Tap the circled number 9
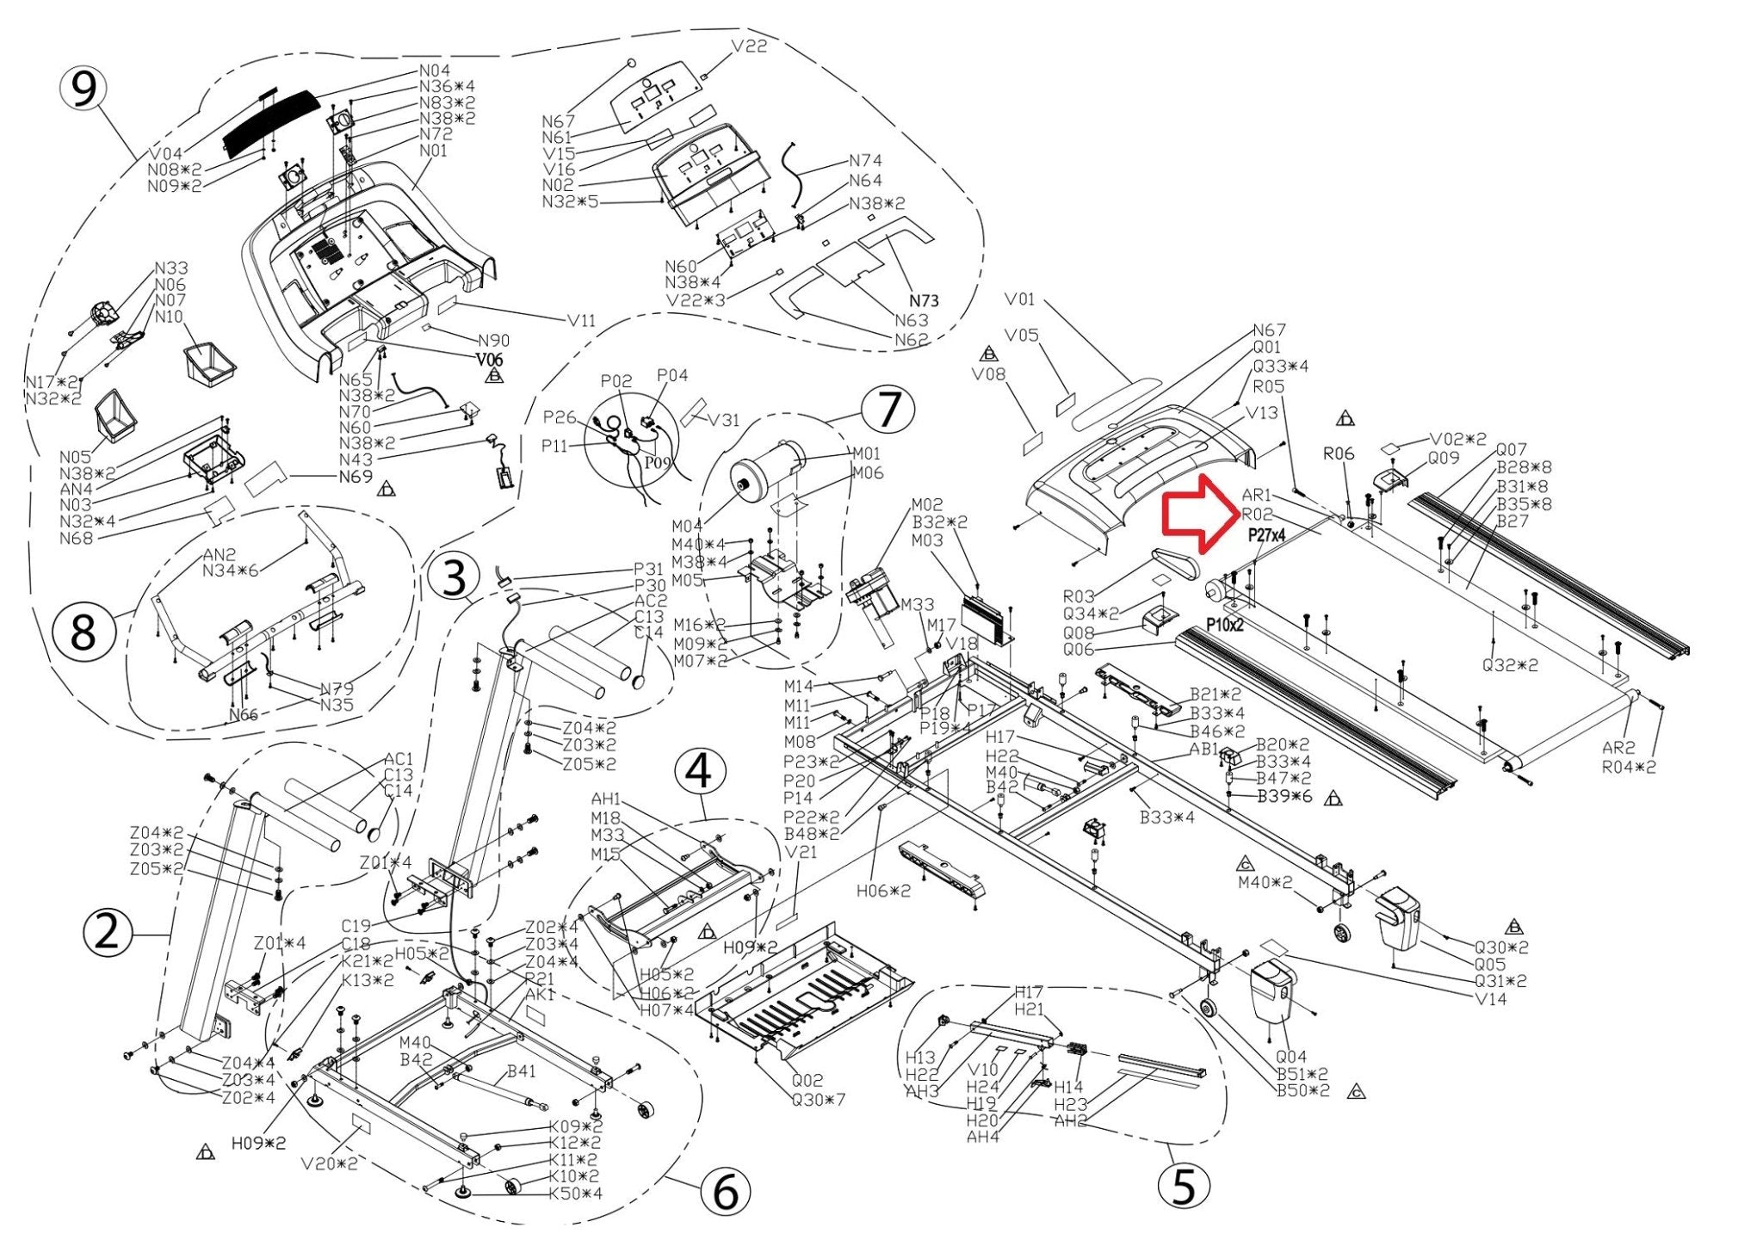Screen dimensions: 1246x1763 click(x=83, y=89)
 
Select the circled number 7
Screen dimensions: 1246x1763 click(x=888, y=410)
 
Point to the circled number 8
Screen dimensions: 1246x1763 click(x=82, y=633)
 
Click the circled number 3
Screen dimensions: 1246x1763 click(x=454, y=577)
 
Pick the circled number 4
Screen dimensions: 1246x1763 click(x=698, y=771)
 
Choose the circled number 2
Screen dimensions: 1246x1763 click(x=108, y=933)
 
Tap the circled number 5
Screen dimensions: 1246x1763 click(x=1184, y=1187)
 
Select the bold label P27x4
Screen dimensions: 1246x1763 click(x=1266, y=535)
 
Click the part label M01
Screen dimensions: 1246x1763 click(x=867, y=453)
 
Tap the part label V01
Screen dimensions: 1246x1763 click(x=1020, y=299)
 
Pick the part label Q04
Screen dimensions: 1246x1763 click(x=1290, y=1057)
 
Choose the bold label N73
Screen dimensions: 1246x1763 click(x=924, y=300)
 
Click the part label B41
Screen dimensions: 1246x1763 click(x=521, y=1071)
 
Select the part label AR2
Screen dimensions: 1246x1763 click(x=1618, y=748)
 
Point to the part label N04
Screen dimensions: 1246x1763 click(x=435, y=71)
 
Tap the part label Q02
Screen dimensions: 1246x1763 click(x=807, y=1081)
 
